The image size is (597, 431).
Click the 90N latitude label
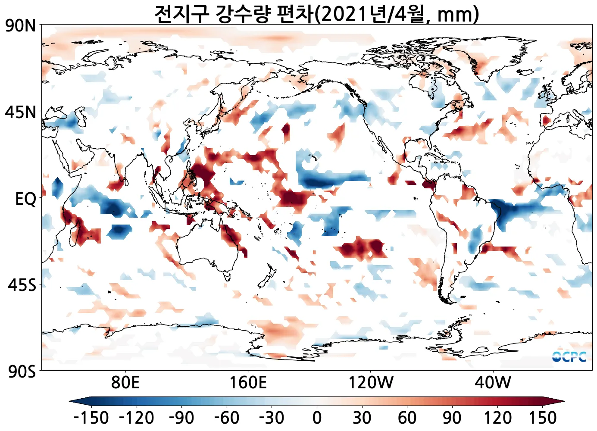pyautogui.click(x=21, y=26)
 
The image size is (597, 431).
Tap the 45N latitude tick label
pyautogui.click(x=21, y=112)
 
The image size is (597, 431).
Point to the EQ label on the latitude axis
pyautogui.click(x=26, y=199)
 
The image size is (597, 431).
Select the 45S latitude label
pyautogui.click(x=22, y=285)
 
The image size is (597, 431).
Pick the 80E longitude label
pyautogui.click(x=125, y=382)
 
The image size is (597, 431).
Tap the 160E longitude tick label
pyautogui.click(x=248, y=382)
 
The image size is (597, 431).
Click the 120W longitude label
pyautogui.click(x=371, y=382)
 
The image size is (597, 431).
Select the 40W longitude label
pyautogui.click(x=493, y=382)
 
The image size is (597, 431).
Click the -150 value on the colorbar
pyautogui.click(x=91, y=418)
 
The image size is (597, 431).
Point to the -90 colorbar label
pyautogui.click(x=181, y=418)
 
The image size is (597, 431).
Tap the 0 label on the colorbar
pyautogui.click(x=317, y=418)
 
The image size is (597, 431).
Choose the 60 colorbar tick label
pyautogui.click(x=407, y=418)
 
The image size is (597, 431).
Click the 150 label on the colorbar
pyautogui.click(x=542, y=418)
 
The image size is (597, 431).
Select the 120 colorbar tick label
pyautogui.click(x=497, y=418)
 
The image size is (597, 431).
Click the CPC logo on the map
pyautogui.click(x=569, y=357)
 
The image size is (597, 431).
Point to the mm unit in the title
pyautogui.click(x=455, y=15)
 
